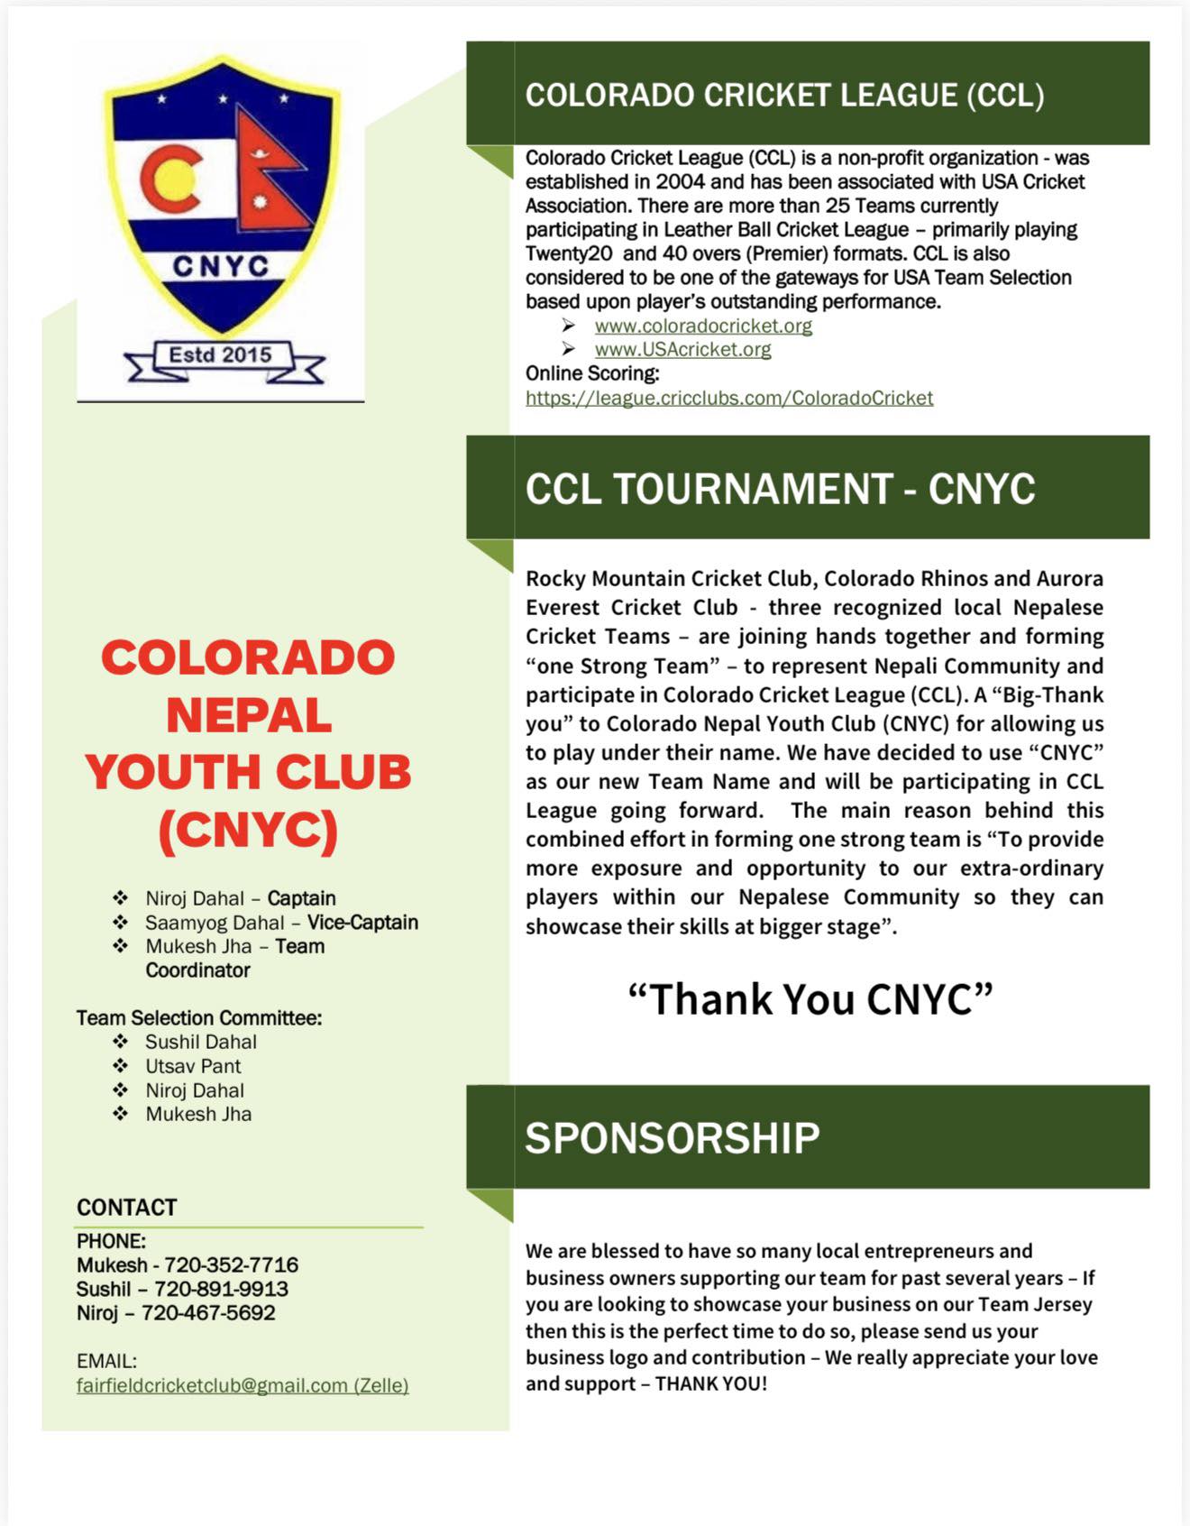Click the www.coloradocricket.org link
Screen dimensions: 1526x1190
tap(703, 326)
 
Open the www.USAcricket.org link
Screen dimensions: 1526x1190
tap(682, 349)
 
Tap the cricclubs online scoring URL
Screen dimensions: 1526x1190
tap(729, 398)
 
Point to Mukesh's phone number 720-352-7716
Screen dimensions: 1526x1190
tap(231, 1265)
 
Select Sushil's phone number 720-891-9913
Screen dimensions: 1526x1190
tap(221, 1289)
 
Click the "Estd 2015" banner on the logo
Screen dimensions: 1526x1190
tap(221, 355)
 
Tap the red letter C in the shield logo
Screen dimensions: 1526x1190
tap(170, 178)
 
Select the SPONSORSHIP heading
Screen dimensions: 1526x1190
tap(673, 1137)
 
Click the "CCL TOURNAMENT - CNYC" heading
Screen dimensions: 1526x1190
tap(780, 489)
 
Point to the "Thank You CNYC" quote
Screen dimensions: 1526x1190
tap(810, 999)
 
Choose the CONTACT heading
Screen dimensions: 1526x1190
tap(127, 1208)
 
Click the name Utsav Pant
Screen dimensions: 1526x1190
tap(193, 1066)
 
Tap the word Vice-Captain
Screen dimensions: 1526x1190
tap(362, 923)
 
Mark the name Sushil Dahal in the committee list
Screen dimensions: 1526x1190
tap(201, 1042)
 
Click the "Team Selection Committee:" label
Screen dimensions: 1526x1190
tap(199, 1018)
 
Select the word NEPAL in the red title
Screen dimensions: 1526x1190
tap(249, 715)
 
